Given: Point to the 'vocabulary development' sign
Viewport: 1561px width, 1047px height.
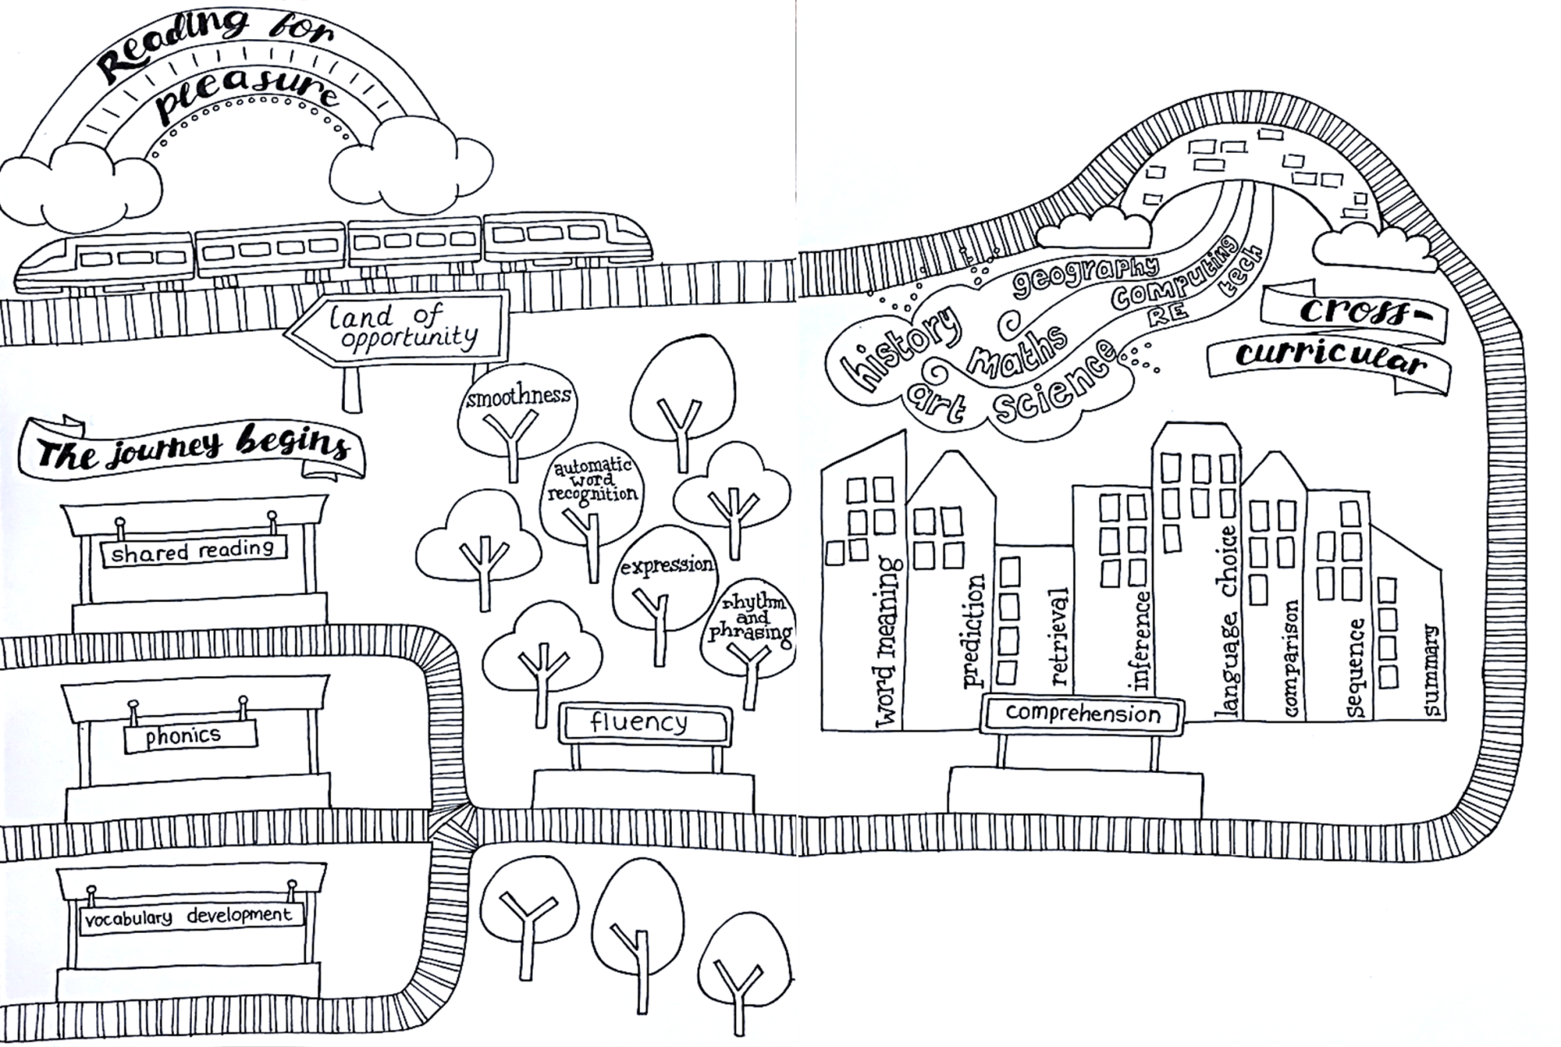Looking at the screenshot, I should coord(190,917).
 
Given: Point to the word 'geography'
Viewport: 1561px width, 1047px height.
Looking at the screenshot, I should coord(1085,277).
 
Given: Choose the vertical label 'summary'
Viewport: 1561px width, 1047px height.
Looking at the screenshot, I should coord(1432,671).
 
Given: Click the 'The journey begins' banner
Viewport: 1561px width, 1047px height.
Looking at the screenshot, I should coord(194,447).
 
